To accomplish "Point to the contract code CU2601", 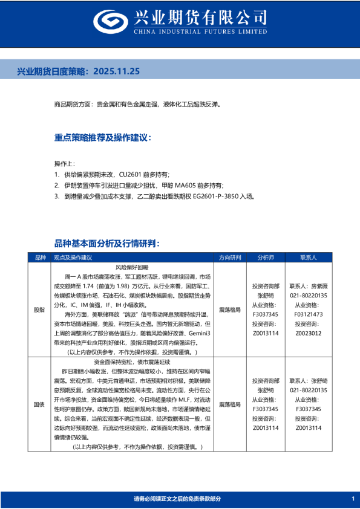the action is click(x=131, y=174).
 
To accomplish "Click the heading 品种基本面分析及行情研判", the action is click(x=106, y=243).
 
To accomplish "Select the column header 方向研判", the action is click(x=230, y=258).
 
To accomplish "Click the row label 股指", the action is click(x=39, y=310).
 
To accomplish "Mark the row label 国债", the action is click(x=39, y=404).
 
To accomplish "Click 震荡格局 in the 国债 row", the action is click(x=230, y=404).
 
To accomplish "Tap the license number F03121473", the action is click(x=309, y=314).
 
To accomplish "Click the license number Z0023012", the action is click(x=309, y=332).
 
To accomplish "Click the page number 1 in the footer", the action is click(x=353, y=498).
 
